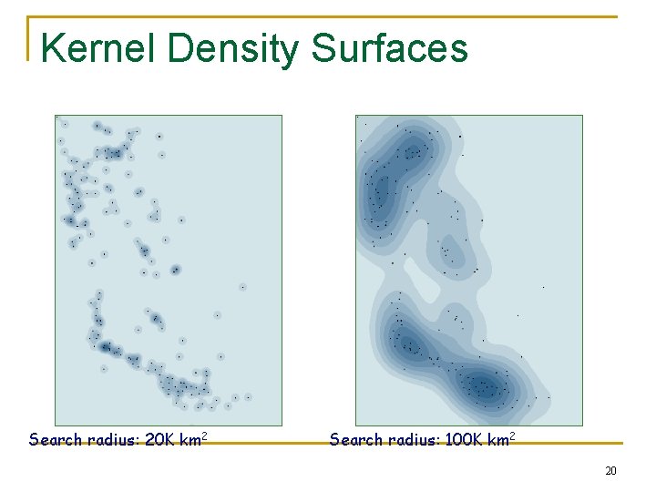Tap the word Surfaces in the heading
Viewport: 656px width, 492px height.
[390, 47]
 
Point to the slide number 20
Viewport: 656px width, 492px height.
[610, 471]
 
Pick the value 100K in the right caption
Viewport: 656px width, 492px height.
[466, 440]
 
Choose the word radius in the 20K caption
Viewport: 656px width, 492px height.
[113, 440]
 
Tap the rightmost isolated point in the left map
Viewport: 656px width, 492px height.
[248, 396]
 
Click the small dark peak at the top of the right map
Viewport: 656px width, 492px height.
[414, 151]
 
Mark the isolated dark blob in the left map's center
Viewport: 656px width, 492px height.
[175, 269]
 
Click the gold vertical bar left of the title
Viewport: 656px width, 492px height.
[29, 38]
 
